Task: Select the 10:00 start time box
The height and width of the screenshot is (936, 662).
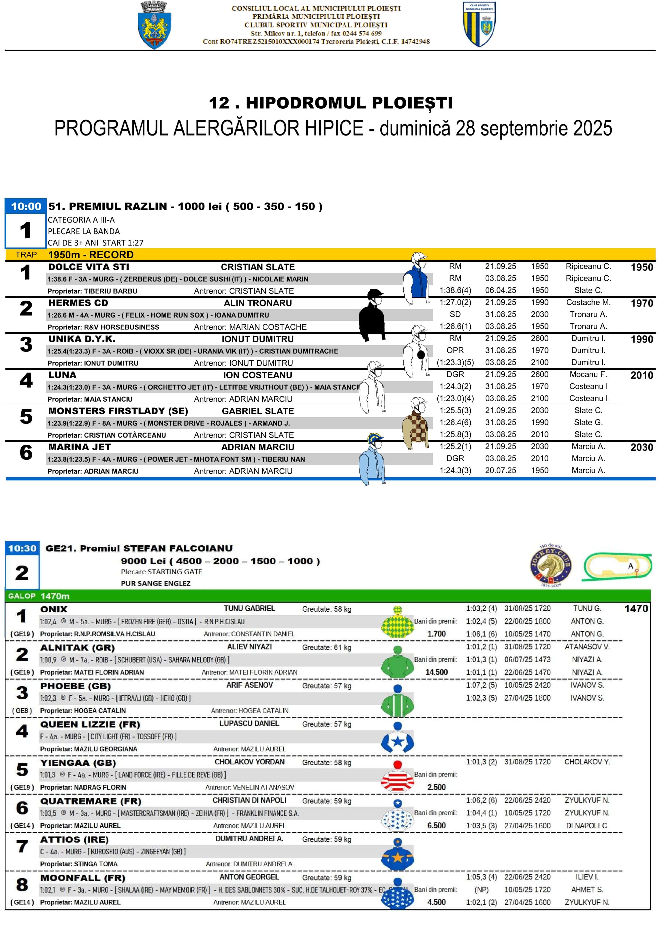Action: pyautogui.click(x=26, y=206)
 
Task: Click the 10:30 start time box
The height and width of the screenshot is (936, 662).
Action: pyautogui.click(x=22, y=548)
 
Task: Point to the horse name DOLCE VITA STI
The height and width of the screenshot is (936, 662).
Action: pyautogui.click(x=89, y=267)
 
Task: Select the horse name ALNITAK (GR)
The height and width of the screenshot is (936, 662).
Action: pyautogui.click(x=77, y=648)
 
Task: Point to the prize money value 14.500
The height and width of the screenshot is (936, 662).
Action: pyautogui.click(x=436, y=672)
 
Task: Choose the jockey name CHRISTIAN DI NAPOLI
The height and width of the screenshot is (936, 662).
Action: pyautogui.click(x=249, y=800)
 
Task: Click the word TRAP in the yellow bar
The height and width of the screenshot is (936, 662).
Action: pyautogui.click(x=26, y=255)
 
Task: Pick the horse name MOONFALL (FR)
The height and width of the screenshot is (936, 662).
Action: pyautogui.click(x=82, y=878)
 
